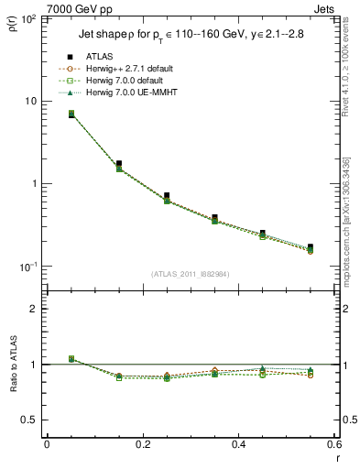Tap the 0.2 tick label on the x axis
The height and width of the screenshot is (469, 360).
(142, 445)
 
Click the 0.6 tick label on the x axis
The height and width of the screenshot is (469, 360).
(333, 445)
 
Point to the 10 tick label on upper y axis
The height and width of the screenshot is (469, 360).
(29, 101)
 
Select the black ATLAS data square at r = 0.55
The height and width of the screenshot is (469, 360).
(311, 247)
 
